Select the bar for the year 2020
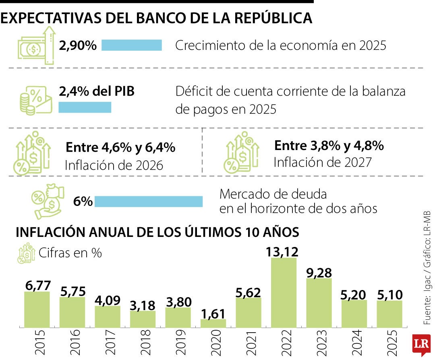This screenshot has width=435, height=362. tap(213, 323)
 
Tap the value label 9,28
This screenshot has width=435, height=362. tap(319, 272)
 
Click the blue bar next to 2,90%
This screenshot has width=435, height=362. tap(131, 45)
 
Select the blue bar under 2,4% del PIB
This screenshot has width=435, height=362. tap(85, 107)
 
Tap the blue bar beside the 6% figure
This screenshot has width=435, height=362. tap(148, 202)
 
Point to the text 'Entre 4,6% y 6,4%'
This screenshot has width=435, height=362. tap(120, 148)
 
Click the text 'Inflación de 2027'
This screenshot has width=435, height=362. tap(322, 162)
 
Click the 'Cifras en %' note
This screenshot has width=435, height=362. tap(70, 253)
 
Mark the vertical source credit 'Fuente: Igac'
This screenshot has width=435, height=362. tap(427, 306)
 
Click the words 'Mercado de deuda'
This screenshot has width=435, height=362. tap(273, 194)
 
